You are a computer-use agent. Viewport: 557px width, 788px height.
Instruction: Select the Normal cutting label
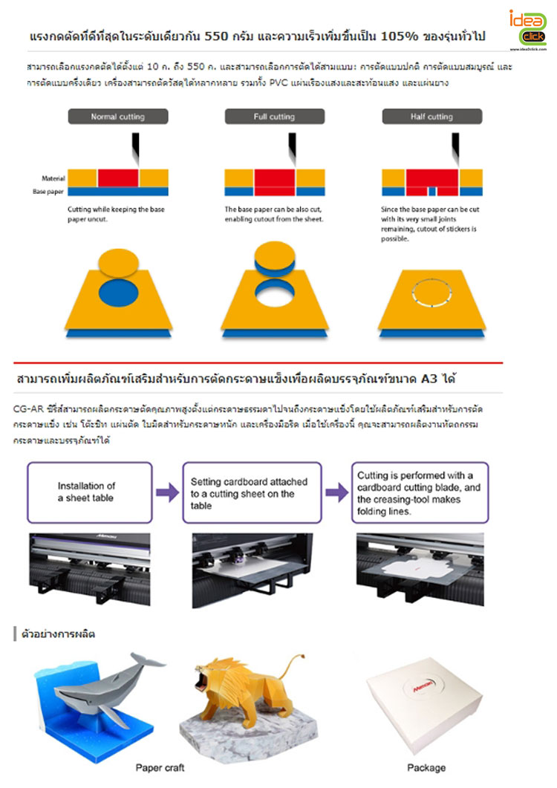click(117, 117)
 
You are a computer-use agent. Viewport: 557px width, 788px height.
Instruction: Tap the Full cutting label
click(275, 117)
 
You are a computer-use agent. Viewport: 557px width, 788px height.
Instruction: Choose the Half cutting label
click(431, 117)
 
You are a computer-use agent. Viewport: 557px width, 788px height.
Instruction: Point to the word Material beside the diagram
click(53, 178)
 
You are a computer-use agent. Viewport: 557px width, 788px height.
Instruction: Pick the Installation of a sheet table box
click(89, 492)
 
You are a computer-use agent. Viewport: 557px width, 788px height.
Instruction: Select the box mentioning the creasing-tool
click(420, 492)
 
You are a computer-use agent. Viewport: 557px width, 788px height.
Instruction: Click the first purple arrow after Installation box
click(168, 492)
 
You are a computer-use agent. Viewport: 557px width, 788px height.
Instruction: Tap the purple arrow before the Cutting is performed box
click(336, 492)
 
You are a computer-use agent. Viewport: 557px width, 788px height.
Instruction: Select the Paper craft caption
click(160, 767)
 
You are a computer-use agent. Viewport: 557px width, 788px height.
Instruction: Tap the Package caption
click(426, 767)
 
